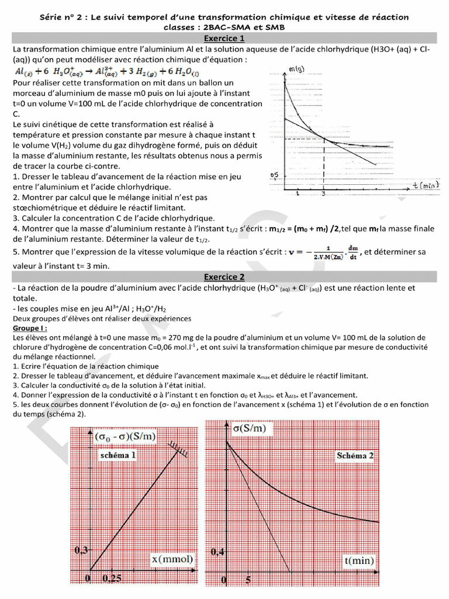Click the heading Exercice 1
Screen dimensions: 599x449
pyautogui.click(x=224, y=39)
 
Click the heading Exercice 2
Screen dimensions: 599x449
pyautogui.click(x=224, y=277)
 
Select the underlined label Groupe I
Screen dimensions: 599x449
pyautogui.click(x=30, y=329)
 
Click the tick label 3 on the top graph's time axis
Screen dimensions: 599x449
pyautogui.click(x=323, y=194)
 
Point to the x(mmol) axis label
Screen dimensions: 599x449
pyautogui.click(x=172, y=560)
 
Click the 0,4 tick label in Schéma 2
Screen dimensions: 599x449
pyautogui.click(x=217, y=551)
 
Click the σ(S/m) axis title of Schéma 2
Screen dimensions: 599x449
pyautogui.click(x=249, y=428)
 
